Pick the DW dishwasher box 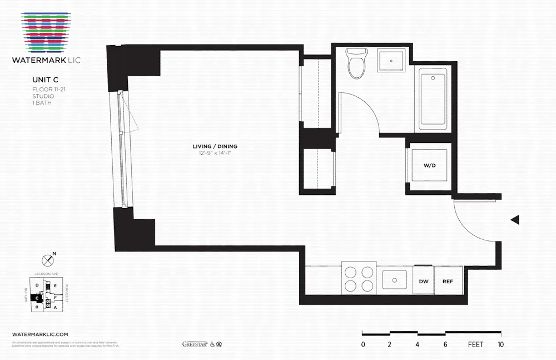[x=423, y=281]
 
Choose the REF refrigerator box [x=448, y=281]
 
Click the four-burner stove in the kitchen [x=359, y=279]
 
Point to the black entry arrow [x=515, y=220]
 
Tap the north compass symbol [x=47, y=259]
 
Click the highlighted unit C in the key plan [x=37, y=297]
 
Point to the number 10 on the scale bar [x=502, y=344]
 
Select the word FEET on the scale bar [x=475, y=344]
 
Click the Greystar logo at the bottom [x=194, y=344]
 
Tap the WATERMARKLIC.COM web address [x=40, y=334]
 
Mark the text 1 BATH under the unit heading [x=41, y=103]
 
